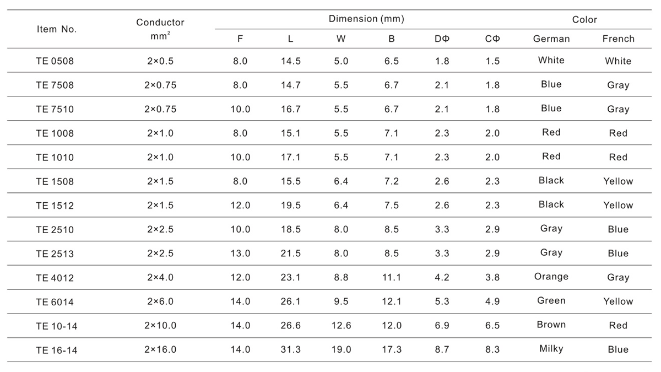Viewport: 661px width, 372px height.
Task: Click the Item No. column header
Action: (57, 29)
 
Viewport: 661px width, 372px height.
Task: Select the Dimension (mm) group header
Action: (366, 19)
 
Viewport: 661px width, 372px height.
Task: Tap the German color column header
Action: (551, 39)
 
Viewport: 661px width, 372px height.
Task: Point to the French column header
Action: (618, 39)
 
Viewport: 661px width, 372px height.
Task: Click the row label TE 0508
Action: (55, 61)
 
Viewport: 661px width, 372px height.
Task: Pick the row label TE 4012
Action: (55, 278)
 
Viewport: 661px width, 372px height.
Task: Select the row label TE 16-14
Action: (57, 350)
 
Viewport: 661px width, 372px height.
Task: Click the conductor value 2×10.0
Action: (160, 325)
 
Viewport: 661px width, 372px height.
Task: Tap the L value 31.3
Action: (291, 349)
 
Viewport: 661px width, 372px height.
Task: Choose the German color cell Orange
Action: (551, 277)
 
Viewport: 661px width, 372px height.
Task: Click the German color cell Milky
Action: (551, 349)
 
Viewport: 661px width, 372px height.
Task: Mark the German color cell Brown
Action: (551, 325)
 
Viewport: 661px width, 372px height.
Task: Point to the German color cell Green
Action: (551, 300)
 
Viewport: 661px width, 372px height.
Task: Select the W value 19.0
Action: (341, 349)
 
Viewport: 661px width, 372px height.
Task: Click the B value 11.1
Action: (392, 277)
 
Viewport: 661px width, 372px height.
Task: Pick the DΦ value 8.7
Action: (442, 349)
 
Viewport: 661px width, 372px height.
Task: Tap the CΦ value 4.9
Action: (492, 301)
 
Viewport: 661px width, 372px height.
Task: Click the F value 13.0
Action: (240, 254)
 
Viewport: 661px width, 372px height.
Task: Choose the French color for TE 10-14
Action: (618, 325)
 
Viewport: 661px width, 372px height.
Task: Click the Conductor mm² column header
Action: (160, 29)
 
